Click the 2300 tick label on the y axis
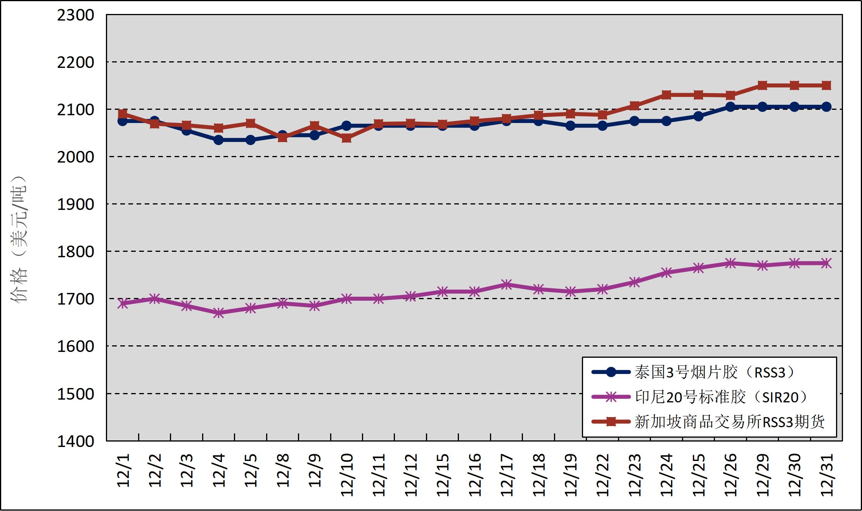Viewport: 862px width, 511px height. coord(75,16)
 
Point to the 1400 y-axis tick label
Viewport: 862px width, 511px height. coord(75,442)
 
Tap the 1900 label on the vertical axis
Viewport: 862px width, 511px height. coord(75,204)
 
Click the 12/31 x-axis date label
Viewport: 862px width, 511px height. coord(826,475)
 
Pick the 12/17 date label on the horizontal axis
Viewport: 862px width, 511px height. coord(506,475)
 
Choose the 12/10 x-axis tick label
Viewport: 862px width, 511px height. coord(347,475)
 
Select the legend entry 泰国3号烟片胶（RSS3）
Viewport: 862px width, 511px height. coord(694,372)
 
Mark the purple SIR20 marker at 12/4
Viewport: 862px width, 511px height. coord(218,313)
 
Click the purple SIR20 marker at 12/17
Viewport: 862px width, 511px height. coord(506,284)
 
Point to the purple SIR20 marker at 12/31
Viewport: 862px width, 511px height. coord(826,263)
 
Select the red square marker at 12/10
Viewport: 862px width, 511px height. coord(347,138)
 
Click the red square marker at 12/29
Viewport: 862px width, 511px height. coord(762,85)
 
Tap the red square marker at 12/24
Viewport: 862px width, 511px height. coord(666,95)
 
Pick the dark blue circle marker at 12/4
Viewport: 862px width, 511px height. coord(218,140)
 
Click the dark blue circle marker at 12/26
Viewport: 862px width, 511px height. coord(730,107)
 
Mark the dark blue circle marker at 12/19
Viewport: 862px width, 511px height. coord(570,126)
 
